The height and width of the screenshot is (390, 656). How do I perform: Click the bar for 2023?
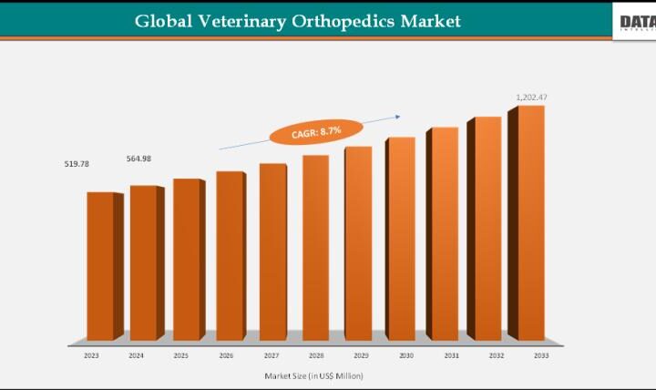[101, 266]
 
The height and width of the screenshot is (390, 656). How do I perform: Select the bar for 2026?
[230, 255]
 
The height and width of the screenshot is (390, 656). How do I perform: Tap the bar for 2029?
[358, 243]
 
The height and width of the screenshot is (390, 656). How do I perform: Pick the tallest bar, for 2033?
[531, 223]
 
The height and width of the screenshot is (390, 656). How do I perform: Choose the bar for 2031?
[444, 234]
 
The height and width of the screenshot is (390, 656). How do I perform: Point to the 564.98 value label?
[139, 159]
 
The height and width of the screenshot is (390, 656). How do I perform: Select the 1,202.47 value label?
[531, 97]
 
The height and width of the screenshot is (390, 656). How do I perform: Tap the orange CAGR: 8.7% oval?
[305, 133]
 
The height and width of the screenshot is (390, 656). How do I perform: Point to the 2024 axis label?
[138, 356]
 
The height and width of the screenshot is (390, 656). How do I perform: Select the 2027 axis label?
[271, 356]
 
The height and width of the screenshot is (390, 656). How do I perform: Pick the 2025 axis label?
[182, 356]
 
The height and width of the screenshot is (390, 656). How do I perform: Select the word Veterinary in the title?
[241, 20]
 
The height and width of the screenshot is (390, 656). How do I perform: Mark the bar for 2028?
[315, 248]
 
